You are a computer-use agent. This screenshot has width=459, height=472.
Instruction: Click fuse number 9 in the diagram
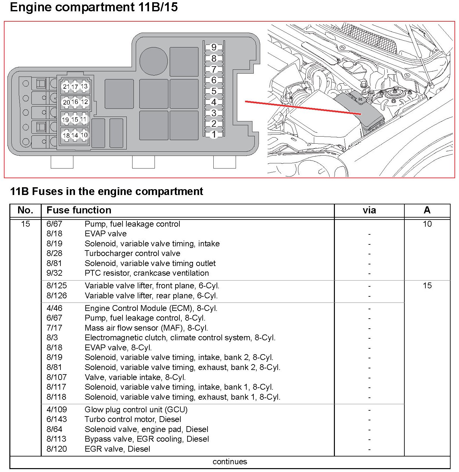[x=214, y=47]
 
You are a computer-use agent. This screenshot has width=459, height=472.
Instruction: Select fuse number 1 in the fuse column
[x=214, y=134]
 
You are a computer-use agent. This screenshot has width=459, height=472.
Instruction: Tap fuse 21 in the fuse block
[x=66, y=87]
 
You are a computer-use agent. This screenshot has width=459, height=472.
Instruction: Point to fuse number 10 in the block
[x=84, y=135]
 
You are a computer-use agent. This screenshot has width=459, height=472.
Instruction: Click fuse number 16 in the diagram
[x=75, y=102]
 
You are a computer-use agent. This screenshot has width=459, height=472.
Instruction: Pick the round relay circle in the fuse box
[x=154, y=61]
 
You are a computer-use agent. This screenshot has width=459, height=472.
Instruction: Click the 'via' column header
[x=369, y=210]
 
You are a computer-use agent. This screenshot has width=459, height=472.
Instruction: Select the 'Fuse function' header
[x=79, y=210]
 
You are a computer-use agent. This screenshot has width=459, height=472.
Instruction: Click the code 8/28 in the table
[x=54, y=253]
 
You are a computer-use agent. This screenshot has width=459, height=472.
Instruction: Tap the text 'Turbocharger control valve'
[x=132, y=253]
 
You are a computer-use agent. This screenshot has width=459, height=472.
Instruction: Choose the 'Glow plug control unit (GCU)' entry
[x=136, y=409]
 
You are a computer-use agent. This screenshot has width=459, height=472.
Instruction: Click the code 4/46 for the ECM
[x=54, y=308]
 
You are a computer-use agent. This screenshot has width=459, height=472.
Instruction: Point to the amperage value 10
[x=427, y=224]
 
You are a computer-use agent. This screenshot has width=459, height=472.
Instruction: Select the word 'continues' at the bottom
[x=229, y=462]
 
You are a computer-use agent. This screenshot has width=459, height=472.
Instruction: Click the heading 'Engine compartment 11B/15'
[x=94, y=7]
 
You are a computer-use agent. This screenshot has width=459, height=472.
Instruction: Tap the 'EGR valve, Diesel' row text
[x=117, y=449]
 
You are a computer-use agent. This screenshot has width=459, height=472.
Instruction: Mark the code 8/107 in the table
[x=57, y=377]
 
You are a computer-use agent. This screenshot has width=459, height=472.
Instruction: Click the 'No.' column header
[x=26, y=210]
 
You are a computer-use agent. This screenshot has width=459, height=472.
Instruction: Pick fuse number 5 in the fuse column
[x=214, y=91]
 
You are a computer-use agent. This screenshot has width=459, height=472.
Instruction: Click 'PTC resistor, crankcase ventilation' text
[x=147, y=273]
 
